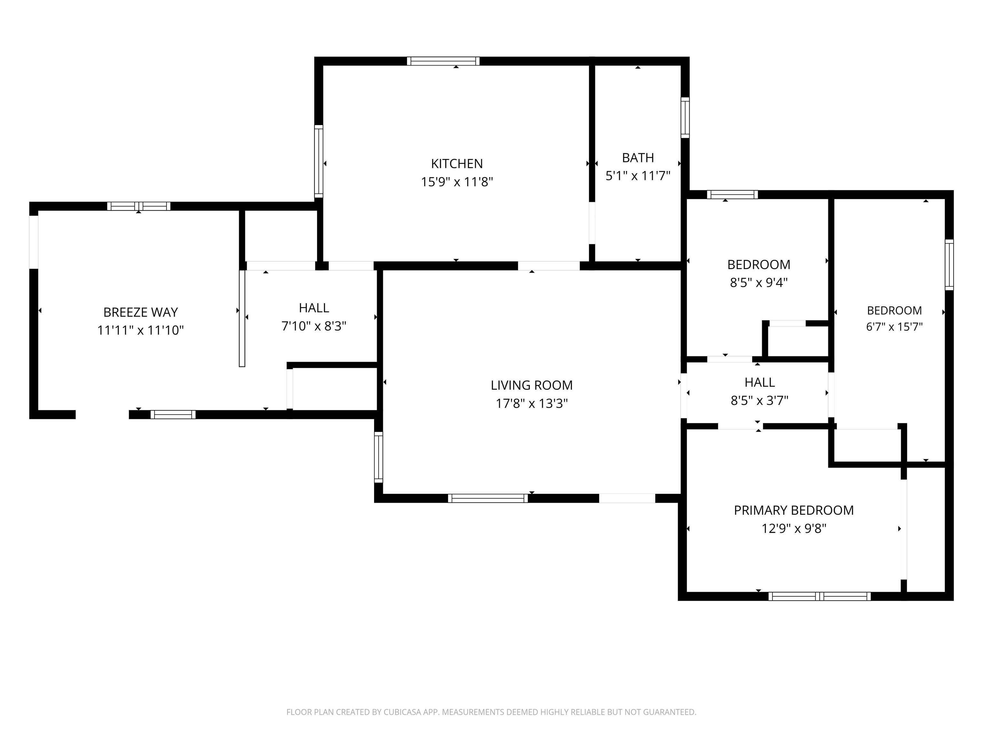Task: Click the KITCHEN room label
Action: pyautogui.click(x=457, y=163)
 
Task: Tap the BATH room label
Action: pyautogui.click(x=638, y=158)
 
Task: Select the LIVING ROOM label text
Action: pyautogui.click(x=531, y=385)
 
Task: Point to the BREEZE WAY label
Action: pyautogui.click(x=140, y=312)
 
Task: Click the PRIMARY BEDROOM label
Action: pyautogui.click(x=794, y=510)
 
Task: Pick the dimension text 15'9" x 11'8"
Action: pyautogui.click(x=457, y=182)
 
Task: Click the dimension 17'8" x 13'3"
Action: pyautogui.click(x=531, y=403)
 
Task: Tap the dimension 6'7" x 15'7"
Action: pyautogui.click(x=894, y=327)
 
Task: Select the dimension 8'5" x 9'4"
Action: pyautogui.click(x=759, y=282)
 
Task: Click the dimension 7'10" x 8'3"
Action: pyautogui.click(x=314, y=326)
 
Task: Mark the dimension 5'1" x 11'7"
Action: pyautogui.click(x=638, y=176)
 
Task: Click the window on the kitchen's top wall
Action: pyautogui.click(x=443, y=61)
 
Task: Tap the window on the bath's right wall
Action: pyautogui.click(x=685, y=118)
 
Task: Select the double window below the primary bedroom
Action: pyautogui.click(x=819, y=596)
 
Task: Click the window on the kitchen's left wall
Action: pyautogui.click(x=319, y=161)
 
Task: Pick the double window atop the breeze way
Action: pyautogui.click(x=139, y=206)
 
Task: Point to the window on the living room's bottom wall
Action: pyautogui.click(x=488, y=498)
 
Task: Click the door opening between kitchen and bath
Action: pyautogui.click(x=592, y=223)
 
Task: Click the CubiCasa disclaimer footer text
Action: pyautogui.click(x=491, y=712)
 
